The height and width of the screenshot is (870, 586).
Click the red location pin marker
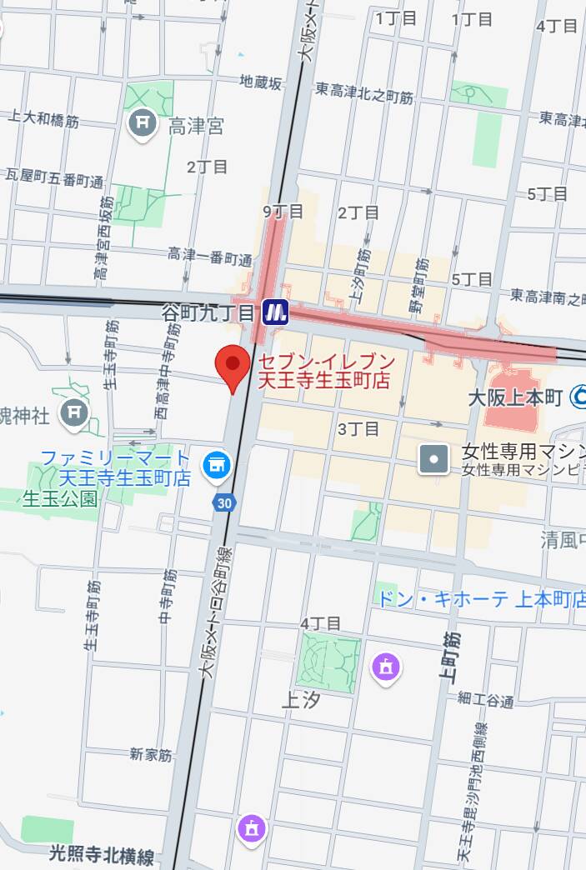coord(233,366)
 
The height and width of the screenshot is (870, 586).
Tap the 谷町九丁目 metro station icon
coord(275,312)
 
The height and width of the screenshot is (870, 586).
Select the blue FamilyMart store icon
coord(218,464)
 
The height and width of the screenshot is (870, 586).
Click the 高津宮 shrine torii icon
coord(143,124)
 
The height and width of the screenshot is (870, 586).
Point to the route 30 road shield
coord(223,502)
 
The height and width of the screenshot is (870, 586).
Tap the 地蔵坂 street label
coord(261,82)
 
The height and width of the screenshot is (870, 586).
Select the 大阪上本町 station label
coord(516,395)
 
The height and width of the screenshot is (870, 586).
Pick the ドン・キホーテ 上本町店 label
coord(482,598)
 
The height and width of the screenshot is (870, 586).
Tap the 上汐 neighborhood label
coord(301,701)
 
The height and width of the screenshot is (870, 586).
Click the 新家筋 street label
coord(151,755)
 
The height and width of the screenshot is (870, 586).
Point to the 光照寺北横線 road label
coord(102,856)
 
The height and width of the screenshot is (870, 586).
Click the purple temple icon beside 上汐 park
coord(388,666)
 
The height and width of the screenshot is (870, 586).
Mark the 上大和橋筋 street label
coord(43,121)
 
